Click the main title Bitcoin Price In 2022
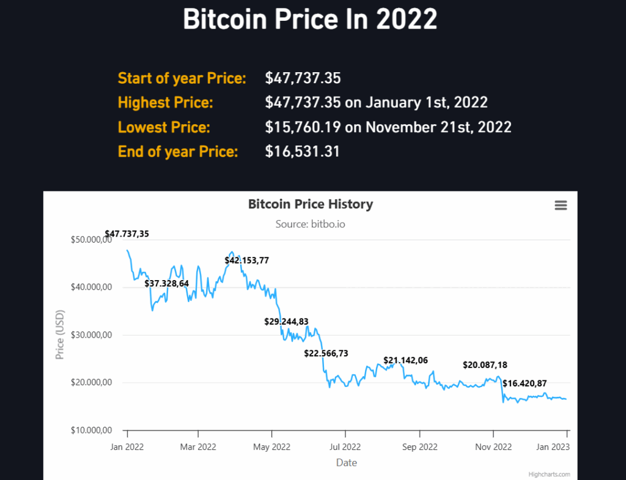[x=310, y=20]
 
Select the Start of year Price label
[x=182, y=78]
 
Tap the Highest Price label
[x=165, y=103]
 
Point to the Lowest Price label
[x=163, y=127]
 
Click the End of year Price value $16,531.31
[x=302, y=152]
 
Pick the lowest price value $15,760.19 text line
[x=388, y=127]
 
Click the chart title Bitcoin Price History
[x=310, y=204]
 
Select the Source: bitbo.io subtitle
[x=310, y=224]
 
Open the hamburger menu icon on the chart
[x=561, y=205]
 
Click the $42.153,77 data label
[x=246, y=260]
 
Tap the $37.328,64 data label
[x=166, y=283]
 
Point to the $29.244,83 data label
[x=286, y=321]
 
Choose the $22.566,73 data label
[x=326, y=353]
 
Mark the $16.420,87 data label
[x=524, y=383]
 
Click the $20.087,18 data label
[x=485, y=365]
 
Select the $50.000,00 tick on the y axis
[x=91, y=240]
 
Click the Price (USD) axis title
[x=60, y=335]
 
